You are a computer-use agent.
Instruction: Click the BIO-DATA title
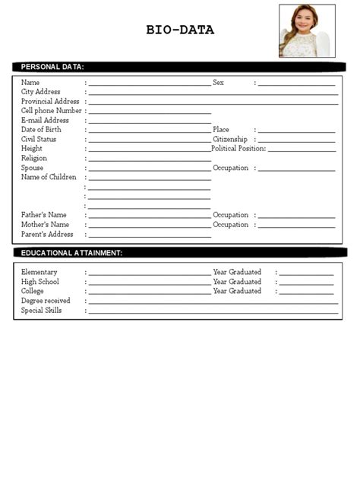(180, 30)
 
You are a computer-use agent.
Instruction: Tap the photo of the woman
(307, 31)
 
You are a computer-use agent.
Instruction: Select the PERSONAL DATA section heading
(52, 67)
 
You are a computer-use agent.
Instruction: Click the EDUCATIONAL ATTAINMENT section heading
(72, 253)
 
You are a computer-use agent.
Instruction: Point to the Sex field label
(219, 82)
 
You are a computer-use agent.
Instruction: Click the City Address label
(41, 92)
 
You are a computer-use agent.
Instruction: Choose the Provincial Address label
(50, 101)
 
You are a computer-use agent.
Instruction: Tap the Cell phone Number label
(52, 111)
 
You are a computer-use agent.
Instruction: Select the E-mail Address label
(45, 120)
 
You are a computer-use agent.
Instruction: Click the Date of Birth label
(43, 130)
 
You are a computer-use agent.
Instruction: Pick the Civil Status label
(39, 139)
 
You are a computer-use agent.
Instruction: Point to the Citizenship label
(230, 139)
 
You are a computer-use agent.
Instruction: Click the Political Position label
(239, 149)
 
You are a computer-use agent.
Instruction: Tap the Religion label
(34, 158)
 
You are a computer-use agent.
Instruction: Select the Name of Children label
(49, 177)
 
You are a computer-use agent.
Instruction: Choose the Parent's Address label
(47, 234)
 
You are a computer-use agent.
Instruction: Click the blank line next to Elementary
(150, 272)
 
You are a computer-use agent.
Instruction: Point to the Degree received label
(46, 301)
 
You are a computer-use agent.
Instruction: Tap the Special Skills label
(42, 310)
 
